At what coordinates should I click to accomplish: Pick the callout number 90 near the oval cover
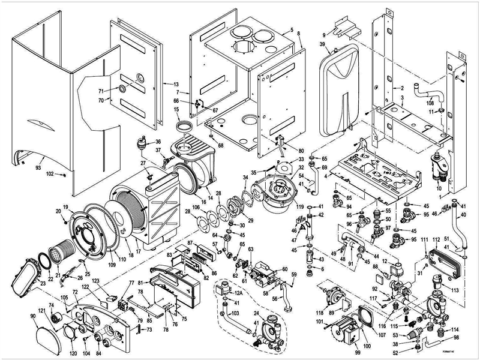point(34,316)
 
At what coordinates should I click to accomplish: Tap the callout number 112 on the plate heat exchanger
point(436,240)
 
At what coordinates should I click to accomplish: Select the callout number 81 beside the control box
point(140,283)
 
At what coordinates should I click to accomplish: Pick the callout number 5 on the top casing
point(290,30)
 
